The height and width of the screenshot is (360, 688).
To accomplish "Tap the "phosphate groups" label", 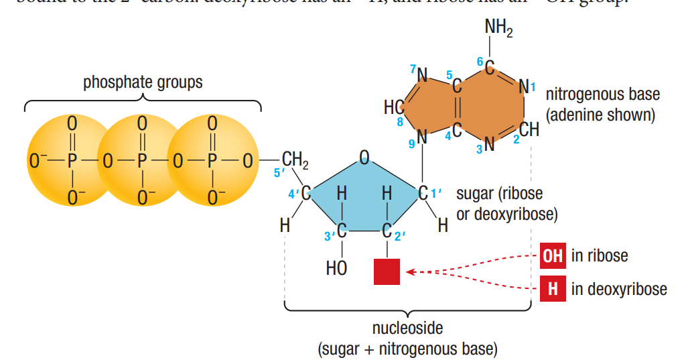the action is [143, 82].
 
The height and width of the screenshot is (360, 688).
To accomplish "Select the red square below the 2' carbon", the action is [387, 272].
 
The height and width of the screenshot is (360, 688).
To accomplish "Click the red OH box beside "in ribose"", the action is [552, 255].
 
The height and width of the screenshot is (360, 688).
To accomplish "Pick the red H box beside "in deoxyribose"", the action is [552, 289].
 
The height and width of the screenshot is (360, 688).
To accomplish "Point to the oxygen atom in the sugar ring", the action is [364, 158].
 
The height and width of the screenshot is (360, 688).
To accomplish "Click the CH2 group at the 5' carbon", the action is [295, 160].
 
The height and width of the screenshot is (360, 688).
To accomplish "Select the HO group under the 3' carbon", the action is [336, 269].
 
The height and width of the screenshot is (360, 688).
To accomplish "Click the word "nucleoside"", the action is [407, 328].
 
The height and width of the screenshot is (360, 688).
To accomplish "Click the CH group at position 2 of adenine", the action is [529, 130].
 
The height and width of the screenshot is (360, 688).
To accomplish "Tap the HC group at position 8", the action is [393, 107].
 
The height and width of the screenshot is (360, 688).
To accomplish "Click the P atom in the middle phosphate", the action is [142, 161].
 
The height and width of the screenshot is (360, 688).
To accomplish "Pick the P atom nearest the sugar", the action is [212, 161].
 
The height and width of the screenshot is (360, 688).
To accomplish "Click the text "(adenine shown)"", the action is [600, 115].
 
